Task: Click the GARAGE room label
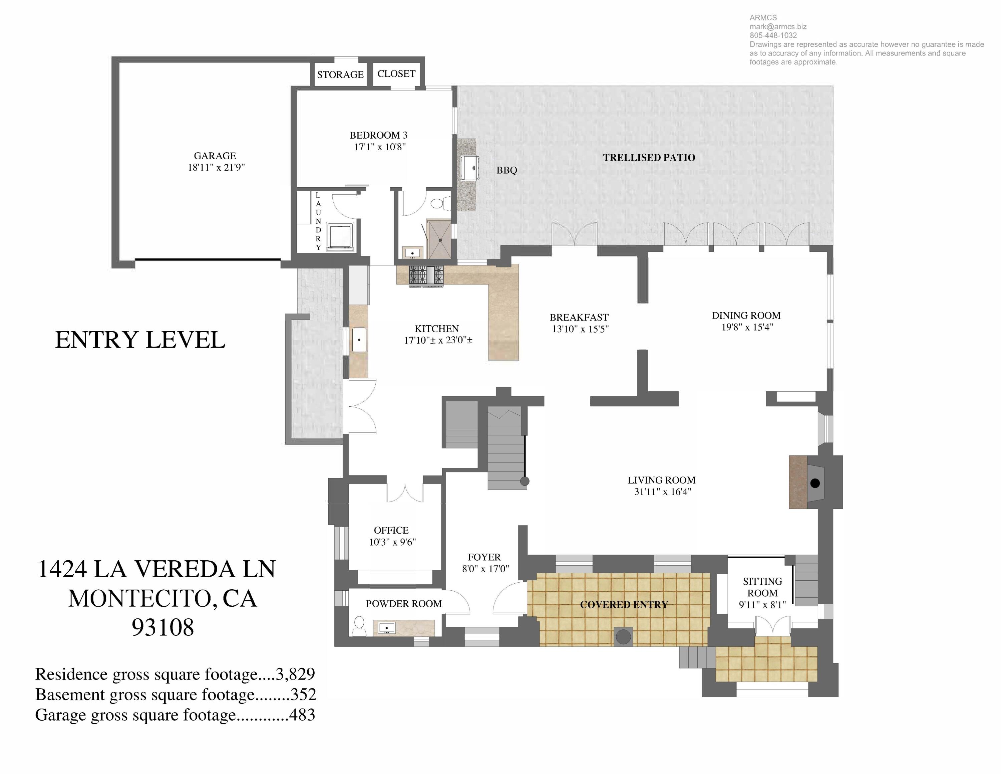tap(215, 156)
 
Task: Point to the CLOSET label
tap(396, 74)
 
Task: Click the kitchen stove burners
tap(426, 275)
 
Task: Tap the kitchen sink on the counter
tap(359, 340)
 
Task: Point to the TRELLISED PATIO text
tap(649, 158)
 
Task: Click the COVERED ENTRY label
tap(624, 605)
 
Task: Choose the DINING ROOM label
tap(746, 316)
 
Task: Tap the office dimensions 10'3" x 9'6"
tap(392, 542)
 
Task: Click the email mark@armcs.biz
tap(778, 27)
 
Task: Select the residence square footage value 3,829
tap(295, 674)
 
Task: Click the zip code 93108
tap(163, 627)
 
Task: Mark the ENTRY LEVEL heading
tap(140, 340)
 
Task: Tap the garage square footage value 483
tap(302, 715)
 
